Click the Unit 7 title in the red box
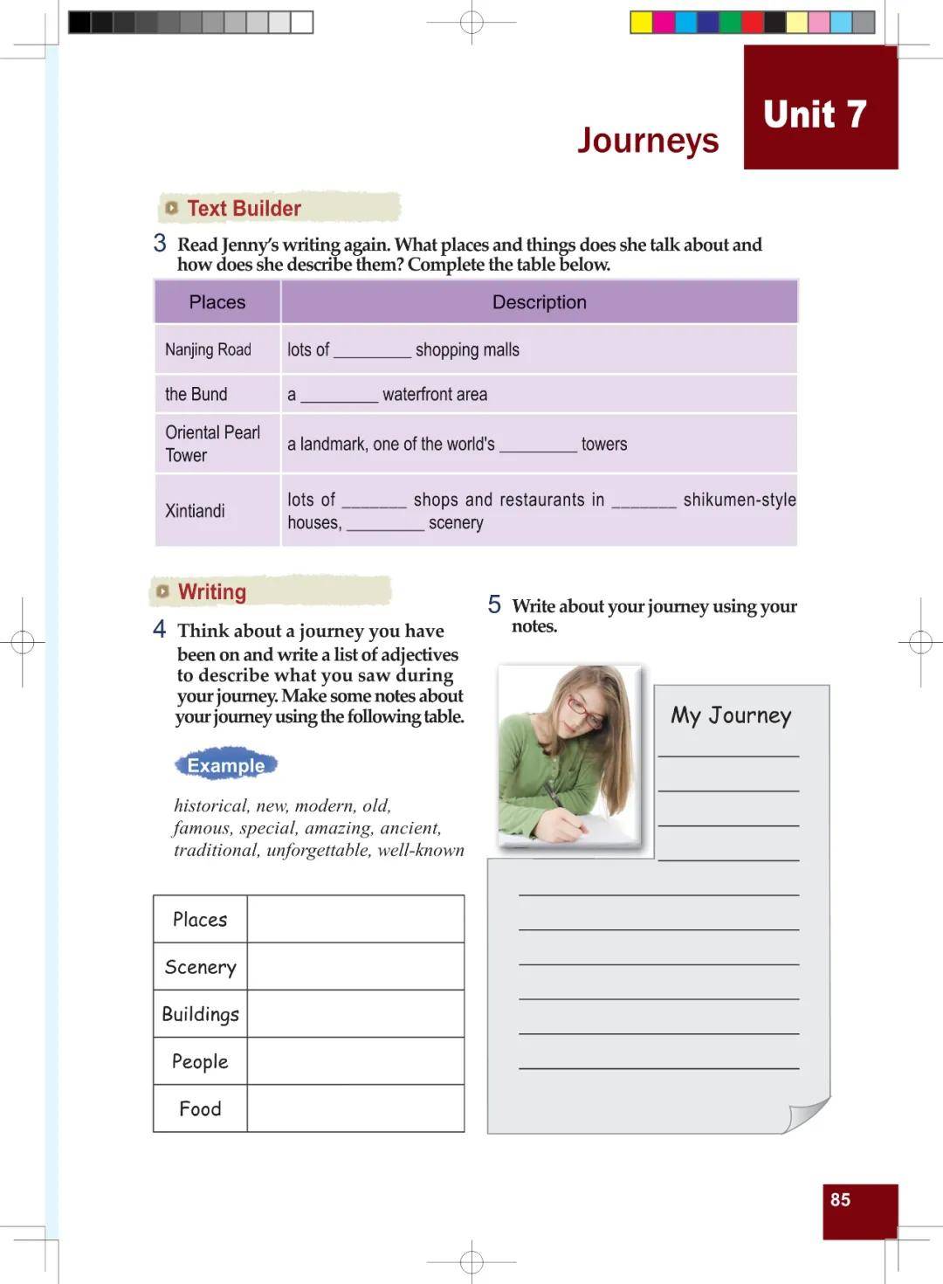(815, 114)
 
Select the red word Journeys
(648, 141)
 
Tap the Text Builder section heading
(244, 209)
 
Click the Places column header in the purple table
(217, 302)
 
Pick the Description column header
(539, 302)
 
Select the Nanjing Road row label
(208, 350)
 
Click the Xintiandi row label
(195, 511)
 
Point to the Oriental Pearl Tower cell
(212, 444)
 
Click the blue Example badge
(225, 765)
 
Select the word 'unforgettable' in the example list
(318, 851)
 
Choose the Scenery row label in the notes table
(200, 967)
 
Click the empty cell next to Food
(355, 1108)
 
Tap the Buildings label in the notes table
(200, 1014)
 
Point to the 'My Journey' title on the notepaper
(731, 716)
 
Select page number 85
(840, 1200)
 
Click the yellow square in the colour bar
(641, 23)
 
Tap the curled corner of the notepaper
(807, 1115)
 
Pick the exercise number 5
(494, 604)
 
